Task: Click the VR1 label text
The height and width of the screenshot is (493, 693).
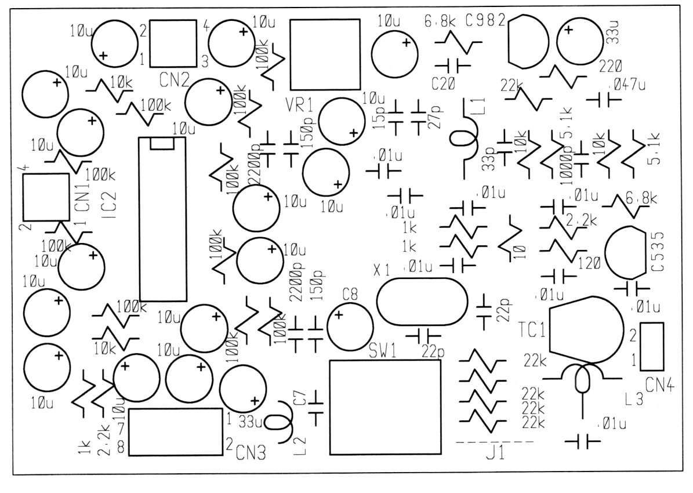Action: (x=299, y=106)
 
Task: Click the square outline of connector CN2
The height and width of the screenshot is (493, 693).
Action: (x=173, y=43)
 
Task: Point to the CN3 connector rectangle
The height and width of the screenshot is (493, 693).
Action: (x=176, y=432)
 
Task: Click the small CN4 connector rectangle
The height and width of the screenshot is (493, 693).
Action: (x=652, y=346)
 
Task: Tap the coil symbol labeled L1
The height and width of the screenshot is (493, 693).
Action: (x=464, y=139)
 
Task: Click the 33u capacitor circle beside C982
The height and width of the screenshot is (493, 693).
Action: (x=580, y=41)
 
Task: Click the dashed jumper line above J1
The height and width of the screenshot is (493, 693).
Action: (x=495, y=443)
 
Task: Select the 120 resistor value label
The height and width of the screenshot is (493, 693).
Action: (x=589, y=263)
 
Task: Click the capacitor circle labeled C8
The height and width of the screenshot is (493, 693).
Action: (x=350, y=327)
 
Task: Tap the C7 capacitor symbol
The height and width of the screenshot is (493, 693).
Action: (x=316, y=404)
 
